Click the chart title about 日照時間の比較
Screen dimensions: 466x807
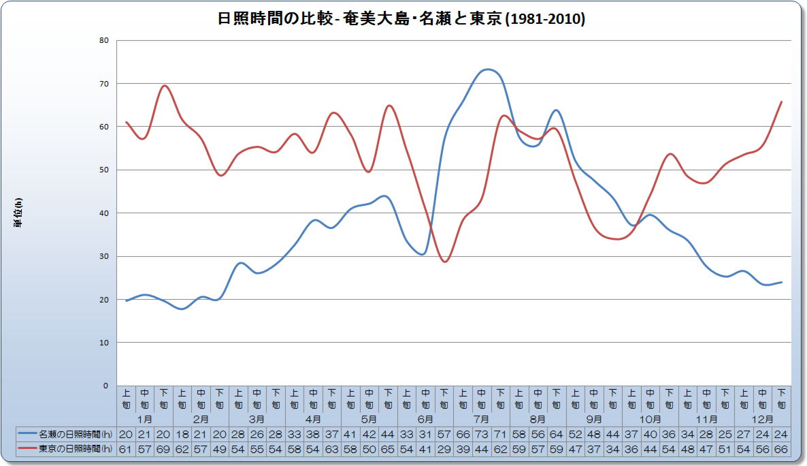click(401, 19)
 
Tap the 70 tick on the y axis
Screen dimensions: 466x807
click(104, 84)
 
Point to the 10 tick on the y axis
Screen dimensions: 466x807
click(104, 343)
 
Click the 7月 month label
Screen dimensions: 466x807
click(481, 419)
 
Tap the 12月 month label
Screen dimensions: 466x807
click(762, 419)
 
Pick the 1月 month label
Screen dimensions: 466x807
click(145, 419)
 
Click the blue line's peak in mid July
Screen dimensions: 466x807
click(486, 69)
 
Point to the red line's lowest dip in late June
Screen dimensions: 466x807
click(444, 262)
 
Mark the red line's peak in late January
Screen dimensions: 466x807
click(165, 86)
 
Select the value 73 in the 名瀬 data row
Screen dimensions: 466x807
click(482, 434)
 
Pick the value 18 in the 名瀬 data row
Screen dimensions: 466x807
click(182, 434)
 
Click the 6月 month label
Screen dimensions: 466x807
click(425, 419)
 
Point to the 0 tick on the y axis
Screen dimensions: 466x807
click(105, 386)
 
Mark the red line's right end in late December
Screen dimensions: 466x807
click(781, 102)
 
